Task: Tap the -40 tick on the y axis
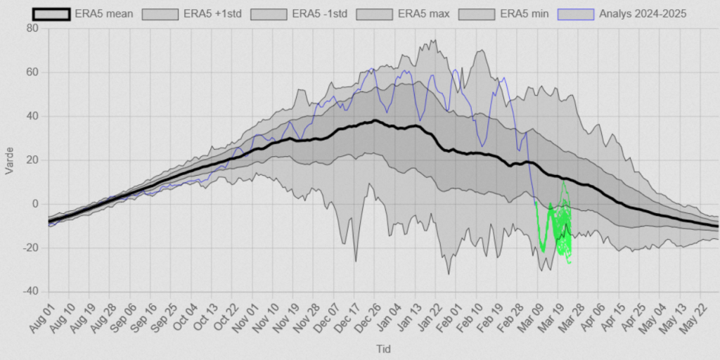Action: tap(32, 292)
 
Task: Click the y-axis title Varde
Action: tap(10, 160)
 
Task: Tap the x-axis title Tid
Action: tap(383, 349)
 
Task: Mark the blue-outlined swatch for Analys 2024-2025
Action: tap(576, 13)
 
